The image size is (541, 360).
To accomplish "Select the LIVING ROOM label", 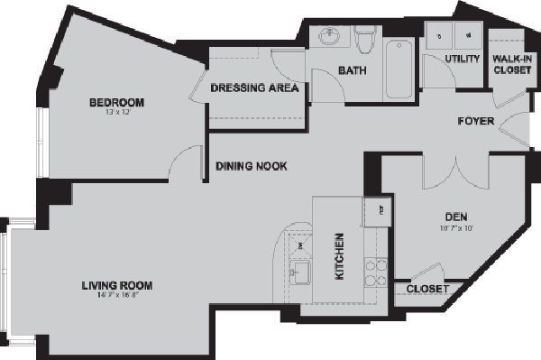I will point(113,286).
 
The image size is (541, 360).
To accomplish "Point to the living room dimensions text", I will point(113,297).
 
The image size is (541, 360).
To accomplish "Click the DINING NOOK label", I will point(251,166).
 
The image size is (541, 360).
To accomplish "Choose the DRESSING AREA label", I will point(255,88).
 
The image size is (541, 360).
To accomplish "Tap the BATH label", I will point(351,70).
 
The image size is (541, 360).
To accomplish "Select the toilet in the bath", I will point(365,40).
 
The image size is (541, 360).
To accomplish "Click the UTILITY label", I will point(462,60).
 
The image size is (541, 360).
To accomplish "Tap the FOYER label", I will point(475,120).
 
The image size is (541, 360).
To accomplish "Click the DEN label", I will point(454,217).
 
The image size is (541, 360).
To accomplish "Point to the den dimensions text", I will point(454,227).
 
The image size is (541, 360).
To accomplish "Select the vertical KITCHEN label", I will point(341,257).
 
